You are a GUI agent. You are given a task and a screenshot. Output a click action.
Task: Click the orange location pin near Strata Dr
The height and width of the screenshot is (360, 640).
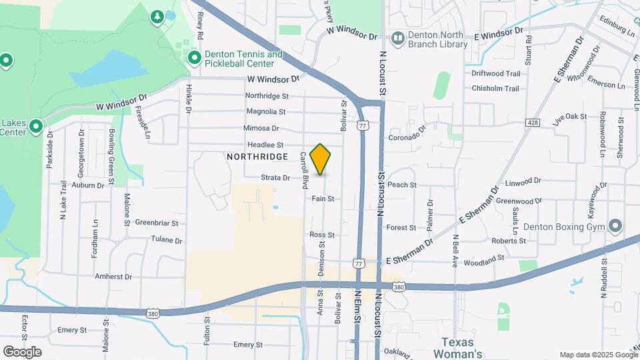320,159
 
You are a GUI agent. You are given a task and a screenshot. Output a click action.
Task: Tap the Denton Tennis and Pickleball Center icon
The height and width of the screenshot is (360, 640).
195,58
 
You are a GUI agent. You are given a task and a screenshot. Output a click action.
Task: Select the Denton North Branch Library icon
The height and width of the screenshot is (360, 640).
398,39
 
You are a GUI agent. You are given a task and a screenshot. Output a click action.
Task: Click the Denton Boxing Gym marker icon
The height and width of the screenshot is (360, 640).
615,227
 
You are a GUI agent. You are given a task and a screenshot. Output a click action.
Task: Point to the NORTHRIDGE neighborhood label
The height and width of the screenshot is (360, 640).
257,157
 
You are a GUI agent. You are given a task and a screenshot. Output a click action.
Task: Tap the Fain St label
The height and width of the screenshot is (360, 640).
323,199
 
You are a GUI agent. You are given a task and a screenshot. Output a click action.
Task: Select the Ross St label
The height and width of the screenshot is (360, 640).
322,235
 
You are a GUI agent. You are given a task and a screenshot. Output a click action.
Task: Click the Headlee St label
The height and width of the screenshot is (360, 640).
265,145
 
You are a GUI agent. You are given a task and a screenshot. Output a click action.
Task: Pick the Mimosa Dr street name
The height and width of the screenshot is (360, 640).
261,128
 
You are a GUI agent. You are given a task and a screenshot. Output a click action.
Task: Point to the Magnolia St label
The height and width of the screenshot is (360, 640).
265,111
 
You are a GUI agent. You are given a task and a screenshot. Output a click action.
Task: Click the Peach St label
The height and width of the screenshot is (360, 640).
402,185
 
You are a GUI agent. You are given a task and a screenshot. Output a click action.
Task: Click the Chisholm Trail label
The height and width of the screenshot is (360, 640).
495,88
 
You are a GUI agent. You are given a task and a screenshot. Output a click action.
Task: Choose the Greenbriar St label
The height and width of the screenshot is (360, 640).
156,223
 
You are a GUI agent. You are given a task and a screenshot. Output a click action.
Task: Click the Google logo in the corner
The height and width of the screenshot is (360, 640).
22,351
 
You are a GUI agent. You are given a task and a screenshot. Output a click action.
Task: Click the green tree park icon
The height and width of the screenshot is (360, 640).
157,15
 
